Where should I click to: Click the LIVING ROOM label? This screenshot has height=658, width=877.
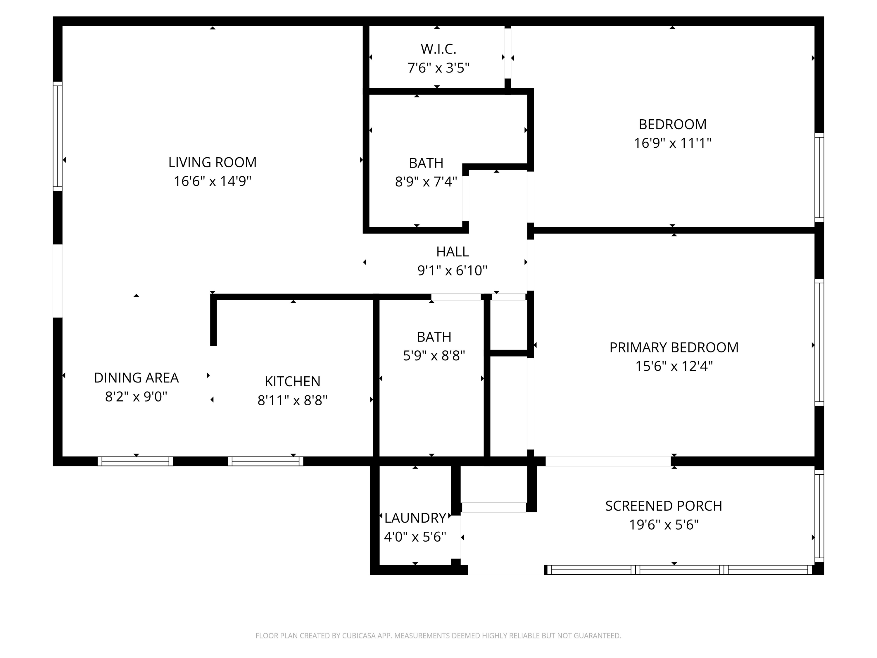(x=213, y=162)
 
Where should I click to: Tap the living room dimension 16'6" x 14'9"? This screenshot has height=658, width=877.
(x=213, y=181)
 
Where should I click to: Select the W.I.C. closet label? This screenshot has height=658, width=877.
(x=438, y=49)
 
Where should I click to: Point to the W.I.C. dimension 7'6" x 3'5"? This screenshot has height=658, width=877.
(x=438, y=68)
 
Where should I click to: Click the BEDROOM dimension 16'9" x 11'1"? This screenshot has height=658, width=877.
(x=672, y=143)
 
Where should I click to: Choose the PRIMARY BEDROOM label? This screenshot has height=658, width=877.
(x=674, y=347)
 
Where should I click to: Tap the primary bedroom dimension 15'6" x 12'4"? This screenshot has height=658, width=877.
(x=674, y=366)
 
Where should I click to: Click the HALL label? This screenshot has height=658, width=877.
(x=452, y=252)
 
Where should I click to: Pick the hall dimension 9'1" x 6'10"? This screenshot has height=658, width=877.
(x=452, y=271)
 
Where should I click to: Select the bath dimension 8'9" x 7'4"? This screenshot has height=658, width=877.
(x=426, y=182)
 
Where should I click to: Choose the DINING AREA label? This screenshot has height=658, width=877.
(x=137, y=378)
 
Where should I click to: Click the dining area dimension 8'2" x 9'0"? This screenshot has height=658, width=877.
(x=137, y=396)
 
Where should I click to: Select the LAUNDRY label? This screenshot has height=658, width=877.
(x=415, y=518)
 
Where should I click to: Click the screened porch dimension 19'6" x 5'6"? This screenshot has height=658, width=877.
(x=664, y=525)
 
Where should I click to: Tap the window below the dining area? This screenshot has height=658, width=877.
(x=135, y=461)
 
